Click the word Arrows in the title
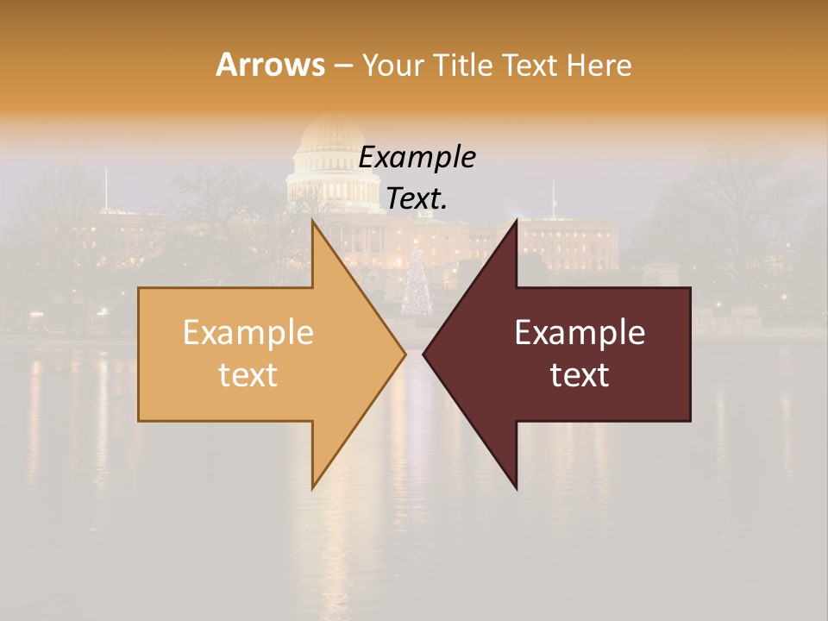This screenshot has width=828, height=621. point(270,65)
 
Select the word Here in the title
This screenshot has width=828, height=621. point(599,65)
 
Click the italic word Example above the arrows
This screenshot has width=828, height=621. point(417,157)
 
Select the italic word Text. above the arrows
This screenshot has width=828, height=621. point(417,198)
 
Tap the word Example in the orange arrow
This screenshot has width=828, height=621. point(248,333)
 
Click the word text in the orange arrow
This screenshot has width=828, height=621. point(248,375)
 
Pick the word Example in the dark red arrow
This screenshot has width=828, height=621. point(580,333)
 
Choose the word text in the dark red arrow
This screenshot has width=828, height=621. point(580,375)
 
